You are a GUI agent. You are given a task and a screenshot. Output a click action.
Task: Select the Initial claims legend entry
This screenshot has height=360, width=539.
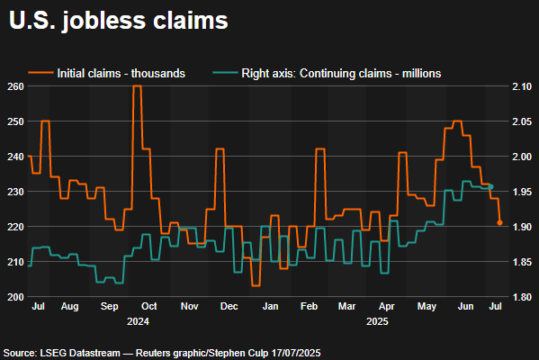(121, 71)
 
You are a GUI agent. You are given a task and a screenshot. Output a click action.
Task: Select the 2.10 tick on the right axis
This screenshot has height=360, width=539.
(522, 86)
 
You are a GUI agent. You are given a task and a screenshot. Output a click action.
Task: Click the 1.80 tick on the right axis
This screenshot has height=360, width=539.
(522, 296)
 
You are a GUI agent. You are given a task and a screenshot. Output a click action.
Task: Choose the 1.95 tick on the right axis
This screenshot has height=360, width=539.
(522, 192)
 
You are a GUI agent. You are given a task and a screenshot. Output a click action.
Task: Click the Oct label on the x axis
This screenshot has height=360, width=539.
(149, 307)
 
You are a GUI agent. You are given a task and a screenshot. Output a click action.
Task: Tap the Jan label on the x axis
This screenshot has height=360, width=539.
(269, 307)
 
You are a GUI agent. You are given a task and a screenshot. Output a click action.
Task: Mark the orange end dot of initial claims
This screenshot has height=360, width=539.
(500, 224)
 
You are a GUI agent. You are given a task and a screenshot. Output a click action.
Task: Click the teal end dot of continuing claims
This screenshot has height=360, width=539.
(491, 186)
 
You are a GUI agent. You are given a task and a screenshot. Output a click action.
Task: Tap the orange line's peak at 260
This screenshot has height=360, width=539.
(137, 86)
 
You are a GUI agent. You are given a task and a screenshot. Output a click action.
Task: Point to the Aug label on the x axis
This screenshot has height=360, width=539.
(69, 307)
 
